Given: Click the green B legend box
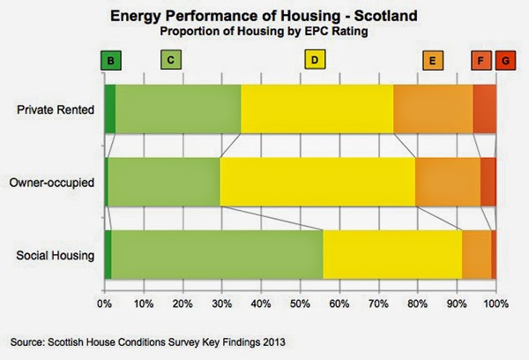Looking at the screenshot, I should [x=111, y=61].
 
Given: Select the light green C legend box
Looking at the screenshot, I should [x=171, y=61].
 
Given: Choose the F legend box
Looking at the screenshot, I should [x=481, y=61].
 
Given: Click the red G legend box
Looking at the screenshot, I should [x=505, y=61].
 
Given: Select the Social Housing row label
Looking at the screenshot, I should [x=56, y=255].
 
